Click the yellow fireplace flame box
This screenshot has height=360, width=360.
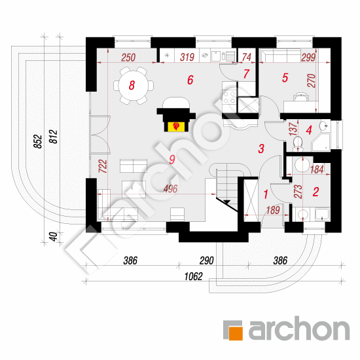click(176, 126)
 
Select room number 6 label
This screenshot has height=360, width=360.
click(190, 80)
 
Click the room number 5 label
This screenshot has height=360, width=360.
click(285, 78)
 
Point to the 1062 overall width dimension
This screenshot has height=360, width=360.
click(194, 276)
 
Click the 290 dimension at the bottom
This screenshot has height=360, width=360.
click(206, 261)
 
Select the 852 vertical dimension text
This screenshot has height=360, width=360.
click(38, 141)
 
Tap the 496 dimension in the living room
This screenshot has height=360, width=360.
click(170, 189)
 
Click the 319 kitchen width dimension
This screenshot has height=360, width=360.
click(187, 57)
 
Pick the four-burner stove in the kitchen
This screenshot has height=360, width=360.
click(229, 98)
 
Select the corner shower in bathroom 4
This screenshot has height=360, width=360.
click(321, 142)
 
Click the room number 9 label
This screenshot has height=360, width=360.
click(172, 159)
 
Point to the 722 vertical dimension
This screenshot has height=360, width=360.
click(103, 166)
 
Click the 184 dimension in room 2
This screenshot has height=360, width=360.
click(317, 170)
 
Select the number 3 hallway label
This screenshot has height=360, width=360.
click(261, 149)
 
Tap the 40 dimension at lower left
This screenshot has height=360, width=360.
click(53, 237)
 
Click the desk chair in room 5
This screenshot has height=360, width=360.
click(301, 97)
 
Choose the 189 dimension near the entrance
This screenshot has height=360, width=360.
click(273, 210)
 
